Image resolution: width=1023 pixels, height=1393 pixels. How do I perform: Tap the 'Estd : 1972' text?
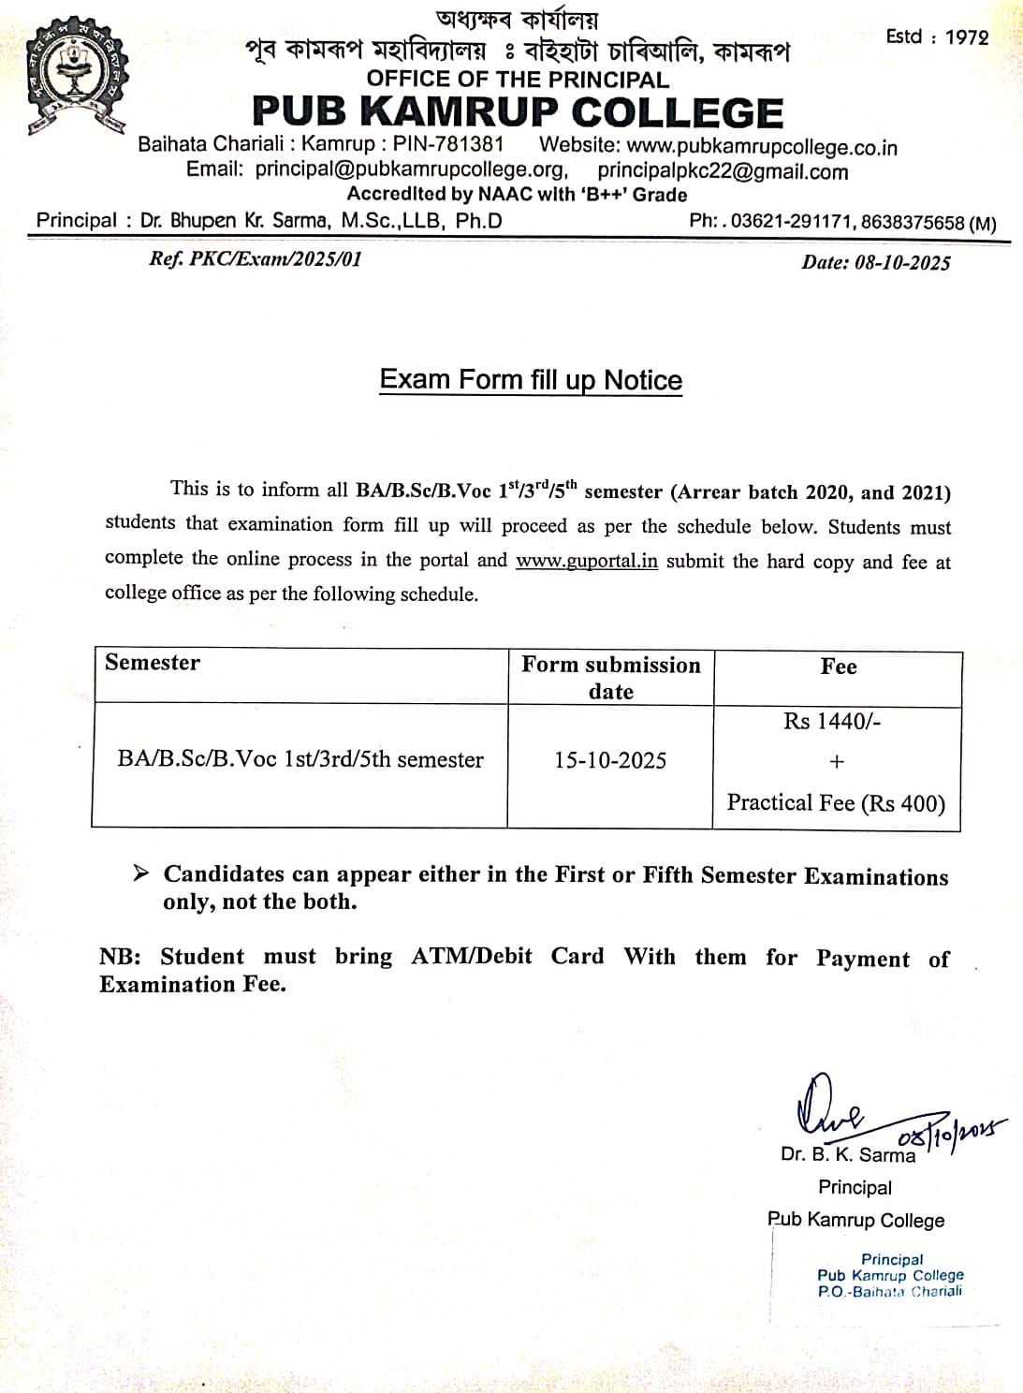click(937, 37)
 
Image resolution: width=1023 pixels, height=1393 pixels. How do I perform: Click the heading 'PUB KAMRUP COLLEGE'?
click(518, 112)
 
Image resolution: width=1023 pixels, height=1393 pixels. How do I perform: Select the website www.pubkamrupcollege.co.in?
click(761, 147)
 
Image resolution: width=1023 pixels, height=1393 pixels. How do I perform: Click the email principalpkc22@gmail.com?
click(723, 171)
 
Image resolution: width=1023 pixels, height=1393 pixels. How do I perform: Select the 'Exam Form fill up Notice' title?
click(531, 380)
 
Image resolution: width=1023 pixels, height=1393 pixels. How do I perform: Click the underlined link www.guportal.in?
click(587, 561)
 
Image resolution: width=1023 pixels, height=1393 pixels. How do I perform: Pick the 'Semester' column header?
click(153, 663)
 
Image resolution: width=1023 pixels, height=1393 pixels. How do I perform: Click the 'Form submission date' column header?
click(610, 678)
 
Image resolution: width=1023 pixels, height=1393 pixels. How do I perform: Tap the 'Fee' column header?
click(838, 667)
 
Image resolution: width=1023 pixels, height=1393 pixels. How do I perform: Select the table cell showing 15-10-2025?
click(610, 760)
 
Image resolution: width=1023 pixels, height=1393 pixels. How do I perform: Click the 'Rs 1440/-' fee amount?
click(832, 721)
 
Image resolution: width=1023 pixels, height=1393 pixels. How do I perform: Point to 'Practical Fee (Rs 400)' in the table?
click(836, 803)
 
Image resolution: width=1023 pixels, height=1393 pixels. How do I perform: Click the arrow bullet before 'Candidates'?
click(140, 873)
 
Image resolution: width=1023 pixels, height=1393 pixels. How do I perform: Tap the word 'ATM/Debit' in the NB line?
click(472, 956)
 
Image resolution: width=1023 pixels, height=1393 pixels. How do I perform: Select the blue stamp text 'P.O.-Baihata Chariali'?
click(889, 1292)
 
